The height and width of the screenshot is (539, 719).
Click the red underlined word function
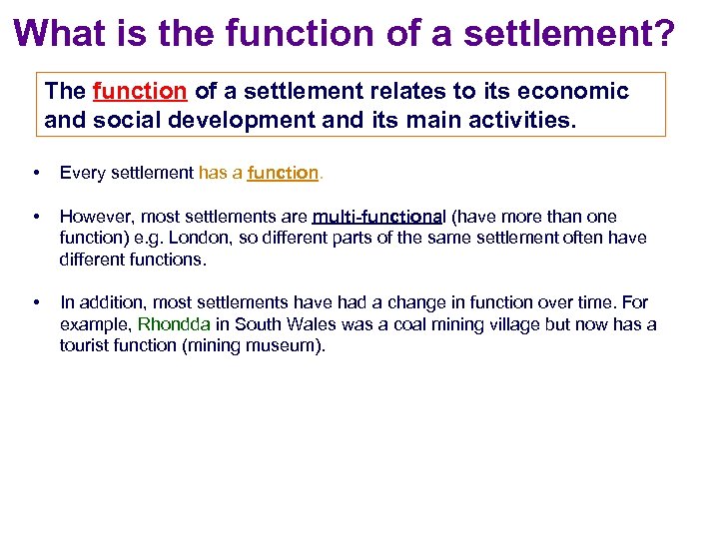(x=139, y=92)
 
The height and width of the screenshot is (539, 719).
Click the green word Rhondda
(x=174, y=324)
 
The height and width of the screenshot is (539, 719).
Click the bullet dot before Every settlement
(x=37, y=173)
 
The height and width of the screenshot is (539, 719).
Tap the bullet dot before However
(x=37, y=217)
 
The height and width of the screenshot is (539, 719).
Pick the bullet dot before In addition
(x=37, y=302)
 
